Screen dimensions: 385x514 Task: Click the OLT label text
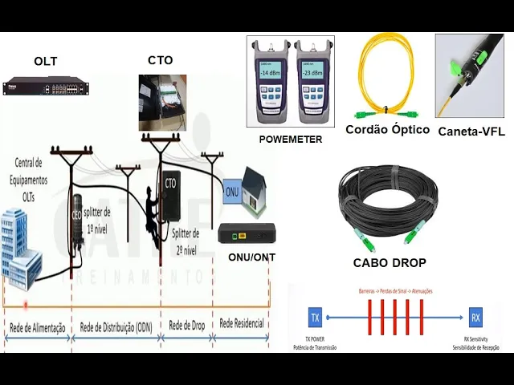[x=46, y=62]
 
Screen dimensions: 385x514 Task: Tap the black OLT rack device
[x=45, y=87]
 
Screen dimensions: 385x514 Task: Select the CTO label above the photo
[x=161, y=60]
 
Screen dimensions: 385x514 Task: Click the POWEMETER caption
[x=290, y=139]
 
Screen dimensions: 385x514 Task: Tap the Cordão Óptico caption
[x=387, y=129]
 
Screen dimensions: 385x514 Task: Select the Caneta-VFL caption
[x=471, y=132]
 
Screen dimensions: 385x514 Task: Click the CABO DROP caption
[x=390, y=262]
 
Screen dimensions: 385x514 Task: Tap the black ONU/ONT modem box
[x=247, y=234]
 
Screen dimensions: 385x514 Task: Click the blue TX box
[x=315, y=318]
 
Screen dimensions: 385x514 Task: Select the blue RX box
[x=475, y=318]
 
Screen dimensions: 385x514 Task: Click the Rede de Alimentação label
[x=37, y=327]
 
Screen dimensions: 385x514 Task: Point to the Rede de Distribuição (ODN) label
[x=116, y=327]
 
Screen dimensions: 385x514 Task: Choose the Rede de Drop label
[x=188, y=326]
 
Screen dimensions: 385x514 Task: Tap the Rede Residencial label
[x=243, y=324]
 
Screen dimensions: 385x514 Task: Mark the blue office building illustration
[x=20, y=245]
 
